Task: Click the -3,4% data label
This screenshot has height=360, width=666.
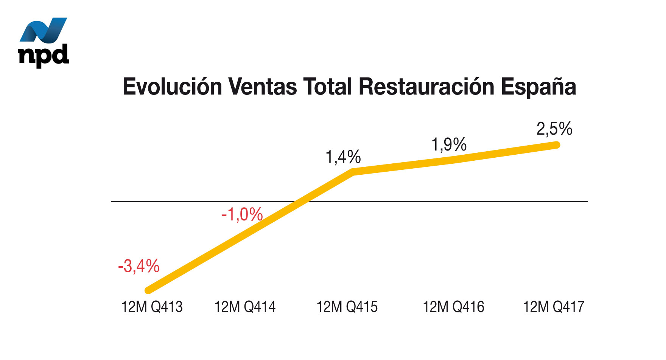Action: [138, 267]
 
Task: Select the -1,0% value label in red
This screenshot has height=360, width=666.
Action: [242, 215]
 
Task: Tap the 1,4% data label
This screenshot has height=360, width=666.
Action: [343, 157]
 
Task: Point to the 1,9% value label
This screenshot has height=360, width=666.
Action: [449, 145]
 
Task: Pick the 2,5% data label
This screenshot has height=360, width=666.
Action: [554, 129]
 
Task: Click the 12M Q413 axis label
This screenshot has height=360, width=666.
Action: [152, 307]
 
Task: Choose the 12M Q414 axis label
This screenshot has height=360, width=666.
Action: [245, 307]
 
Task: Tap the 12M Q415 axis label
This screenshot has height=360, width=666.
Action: [347, 307]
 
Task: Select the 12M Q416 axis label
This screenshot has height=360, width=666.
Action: [453, 307]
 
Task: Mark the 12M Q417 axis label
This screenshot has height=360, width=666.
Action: [554, 307]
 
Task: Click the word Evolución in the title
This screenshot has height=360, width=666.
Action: [172, 87]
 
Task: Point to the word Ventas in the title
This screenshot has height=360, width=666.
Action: [263, 87]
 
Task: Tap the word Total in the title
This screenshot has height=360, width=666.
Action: [328, 87]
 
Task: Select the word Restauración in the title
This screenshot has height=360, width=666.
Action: [426, 87]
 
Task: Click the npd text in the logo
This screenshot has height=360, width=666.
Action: [44, 56]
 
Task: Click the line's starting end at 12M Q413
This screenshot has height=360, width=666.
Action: [149, 290]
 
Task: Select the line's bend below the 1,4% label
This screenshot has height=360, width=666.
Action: [353, 172]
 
